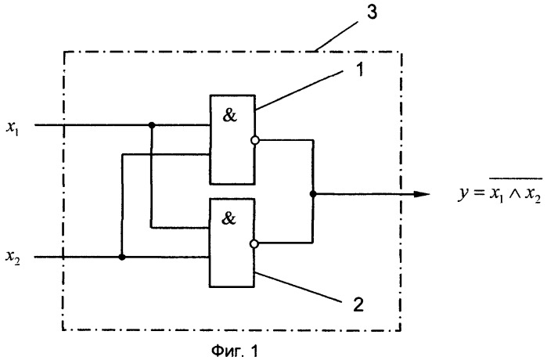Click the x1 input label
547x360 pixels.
pyautogui.click(x=13, y=128)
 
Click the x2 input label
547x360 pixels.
pyautogui.click(x=13, y=258)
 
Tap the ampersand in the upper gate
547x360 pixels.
pyautogui.click(x=229, y=115)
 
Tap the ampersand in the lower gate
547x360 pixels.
pyautogui.click(x=229, y=218)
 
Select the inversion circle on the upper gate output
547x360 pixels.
pyautogui.click(x=255, y=140)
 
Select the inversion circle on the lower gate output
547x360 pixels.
pyautogui.click(x=254, y=244)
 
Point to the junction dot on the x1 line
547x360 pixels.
pyautogui.click(x=151, y=124)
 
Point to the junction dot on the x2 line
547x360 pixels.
pyautogui.click(x=122, y=257)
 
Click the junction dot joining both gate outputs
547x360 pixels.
pyautogui.click(x=313, y=193)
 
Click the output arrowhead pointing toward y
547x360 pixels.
pyautogui.click(x=422, y=194)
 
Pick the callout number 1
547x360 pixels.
pyautogui.click(x=359, y=69)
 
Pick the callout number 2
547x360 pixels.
pyautogui.click(x=358, y=304)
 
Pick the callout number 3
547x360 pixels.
pyautogui.click(x=372, y=13)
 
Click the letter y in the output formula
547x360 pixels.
pyautogui.click(x=463, y=194)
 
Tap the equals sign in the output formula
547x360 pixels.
pyautogui.click(x=477, y=193)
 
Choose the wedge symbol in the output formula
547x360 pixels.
pyautogui.click(x=515, y=194)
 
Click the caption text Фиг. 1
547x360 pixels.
pyautogui.click(x=235, y=351)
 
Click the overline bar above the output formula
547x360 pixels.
pyautogui.click(x=516, y=178)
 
